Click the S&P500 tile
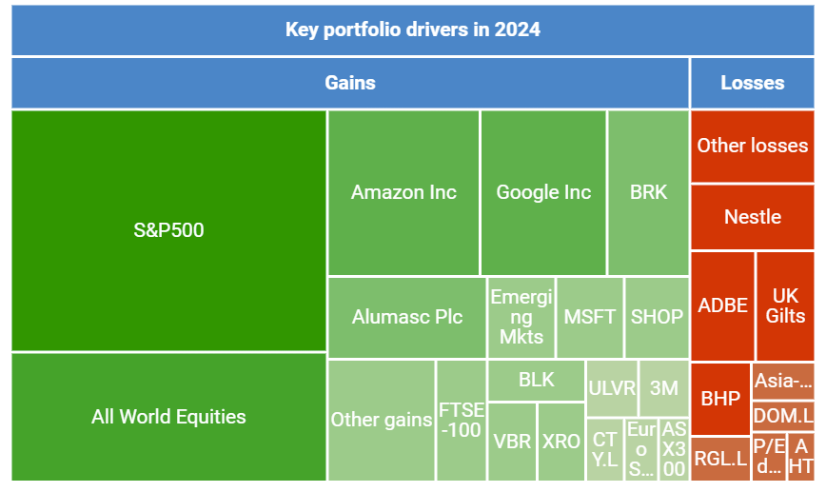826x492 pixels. click(168, 230)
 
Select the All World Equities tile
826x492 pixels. click(168, 416)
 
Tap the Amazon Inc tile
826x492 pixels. click(403, 192)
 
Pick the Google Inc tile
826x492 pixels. click(543, 192)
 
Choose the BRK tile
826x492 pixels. click(648, 192)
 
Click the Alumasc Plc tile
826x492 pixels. click(406, 317)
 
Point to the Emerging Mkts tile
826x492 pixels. click(521, 317)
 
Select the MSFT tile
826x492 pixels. click(590, 317)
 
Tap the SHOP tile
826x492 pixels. click(657, 317)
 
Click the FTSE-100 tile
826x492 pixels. click(462, 420)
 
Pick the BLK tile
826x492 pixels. click(536, 380)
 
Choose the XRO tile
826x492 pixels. click(561, 441)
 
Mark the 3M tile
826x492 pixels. click(663, 387)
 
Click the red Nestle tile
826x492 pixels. click(752, 217)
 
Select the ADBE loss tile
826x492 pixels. click(722, 305)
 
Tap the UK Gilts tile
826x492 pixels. click(786, 305)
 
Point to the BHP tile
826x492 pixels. click(720, 399)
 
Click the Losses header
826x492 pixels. click(752, 83)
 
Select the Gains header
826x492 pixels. click(350, 83)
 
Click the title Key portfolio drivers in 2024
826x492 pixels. click(413, 30)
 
